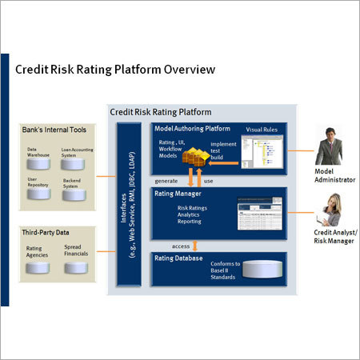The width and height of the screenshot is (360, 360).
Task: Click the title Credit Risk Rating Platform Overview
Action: [115, 70]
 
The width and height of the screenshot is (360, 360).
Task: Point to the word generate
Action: [166, 181]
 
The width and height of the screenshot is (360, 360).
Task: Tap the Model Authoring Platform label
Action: [193, 128]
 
